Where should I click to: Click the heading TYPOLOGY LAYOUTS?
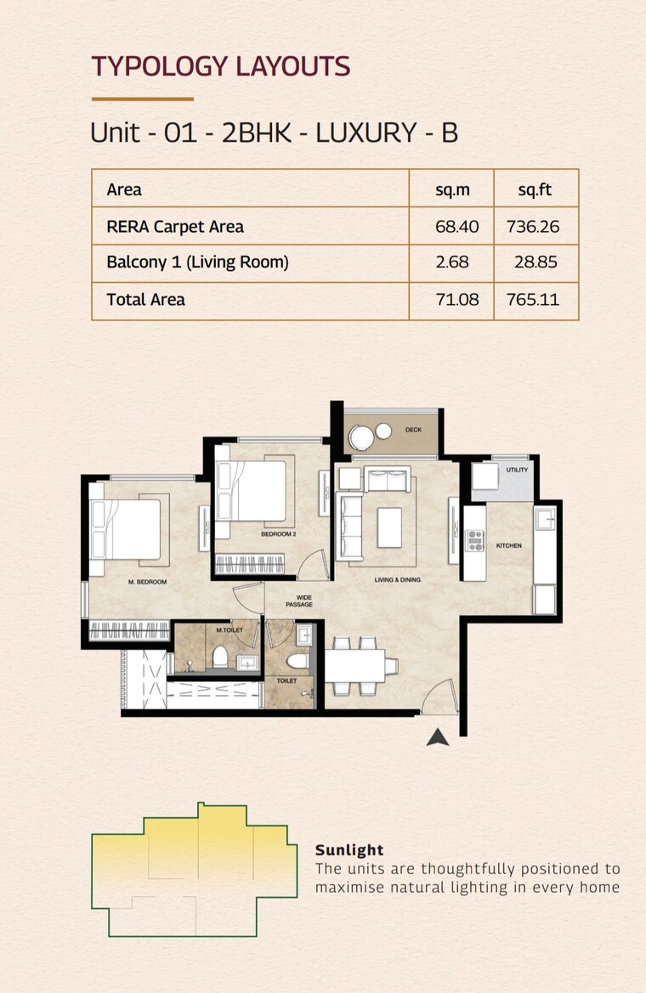[x=220, y=66]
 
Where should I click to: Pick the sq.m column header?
[x=451, y=189]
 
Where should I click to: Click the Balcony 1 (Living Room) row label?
[x=197, y=262]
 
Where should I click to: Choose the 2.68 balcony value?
[x=451, y=262]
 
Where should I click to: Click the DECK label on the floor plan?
[x=413, y=431]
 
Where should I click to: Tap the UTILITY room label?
[x=517, y=470]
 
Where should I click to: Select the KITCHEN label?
[x=509, y=545]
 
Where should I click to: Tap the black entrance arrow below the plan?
[x=438, y=737]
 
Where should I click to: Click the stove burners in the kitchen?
[x=473, y=540]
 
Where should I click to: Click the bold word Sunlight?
[x=349, y=849]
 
